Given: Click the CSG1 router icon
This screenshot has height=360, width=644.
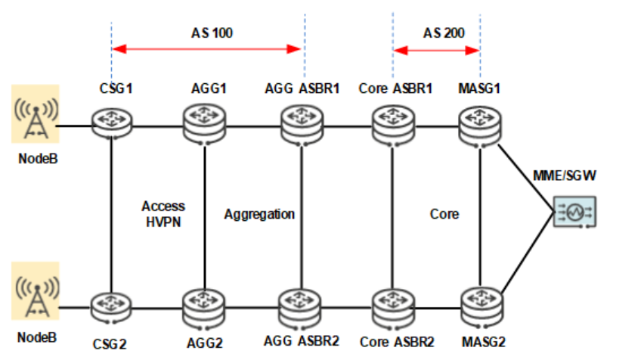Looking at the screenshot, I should pyautogui.click(x=111, y=123).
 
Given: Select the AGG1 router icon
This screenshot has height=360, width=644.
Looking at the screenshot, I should pyautogui.click(x=205, y=122).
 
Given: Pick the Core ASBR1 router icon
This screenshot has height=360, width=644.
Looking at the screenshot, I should pyautogui.click(x=392, y=123).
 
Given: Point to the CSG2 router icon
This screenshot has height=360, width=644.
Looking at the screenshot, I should pyautogui.click(x=111, y=307).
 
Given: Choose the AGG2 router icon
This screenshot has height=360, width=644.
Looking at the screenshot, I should pyautogui.click(x=205, y=308).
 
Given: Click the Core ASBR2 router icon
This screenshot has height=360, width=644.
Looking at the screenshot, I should pyautogui.click(x=392, y=308).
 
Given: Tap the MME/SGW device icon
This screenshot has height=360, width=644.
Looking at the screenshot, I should pyautogui.click(x=574, y=212).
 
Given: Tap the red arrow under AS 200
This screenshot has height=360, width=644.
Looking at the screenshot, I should pyautogui.click(x=437, y=51).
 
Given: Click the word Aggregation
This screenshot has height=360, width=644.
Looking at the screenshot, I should pyautogui.click(x=259, y=214).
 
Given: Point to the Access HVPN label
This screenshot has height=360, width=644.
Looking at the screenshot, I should pyautogui.click(x=163, y=213).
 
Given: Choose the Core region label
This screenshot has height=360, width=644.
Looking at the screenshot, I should pyautogui.click(x=444, y=214).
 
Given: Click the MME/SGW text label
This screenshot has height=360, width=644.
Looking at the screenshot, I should pyautogui.click(x=575, y=177).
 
